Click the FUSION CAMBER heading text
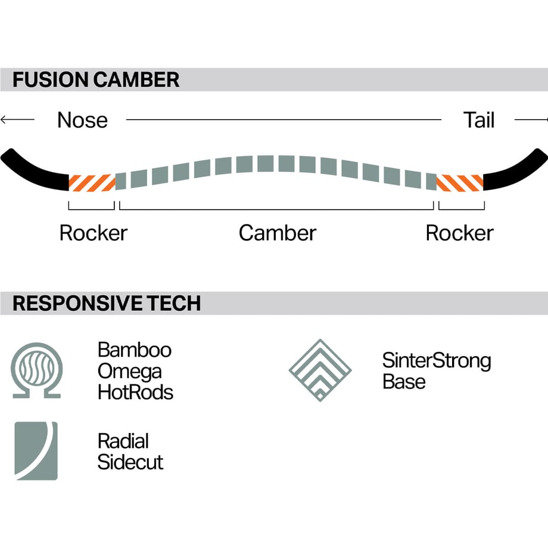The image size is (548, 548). coord(96,80)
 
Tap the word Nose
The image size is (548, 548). coord(82,120)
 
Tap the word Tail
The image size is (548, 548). coord(479,120)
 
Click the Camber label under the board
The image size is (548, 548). coord(278,233)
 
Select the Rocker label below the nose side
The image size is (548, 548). coord(94,233)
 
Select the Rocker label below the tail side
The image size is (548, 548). coord(460,233)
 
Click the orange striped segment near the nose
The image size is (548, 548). coord(92,183)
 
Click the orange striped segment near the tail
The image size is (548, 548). coord(460,183)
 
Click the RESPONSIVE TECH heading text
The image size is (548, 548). coord(107,303)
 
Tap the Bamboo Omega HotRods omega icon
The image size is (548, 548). coord(37,370)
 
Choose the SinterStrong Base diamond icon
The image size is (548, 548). coord(320,370)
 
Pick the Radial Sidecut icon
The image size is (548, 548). coord(36,451)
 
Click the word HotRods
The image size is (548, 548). coord(135,393)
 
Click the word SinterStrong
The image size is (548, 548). coord(437,361)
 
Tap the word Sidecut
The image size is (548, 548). coord(130,462)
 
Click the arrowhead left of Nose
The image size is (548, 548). coord(4,120)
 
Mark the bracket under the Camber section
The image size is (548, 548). coord(276,209)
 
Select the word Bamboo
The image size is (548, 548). coord(135,350)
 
